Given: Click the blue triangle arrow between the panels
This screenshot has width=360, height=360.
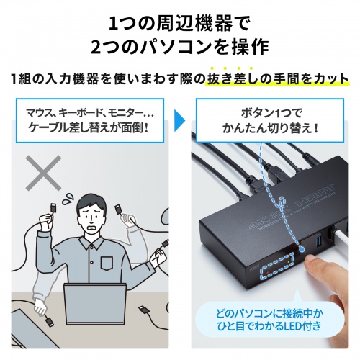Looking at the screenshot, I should pyautogui.click(x=181, y=114).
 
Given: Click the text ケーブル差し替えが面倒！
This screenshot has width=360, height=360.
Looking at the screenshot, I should pyautogui.click(x=91, y=130).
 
